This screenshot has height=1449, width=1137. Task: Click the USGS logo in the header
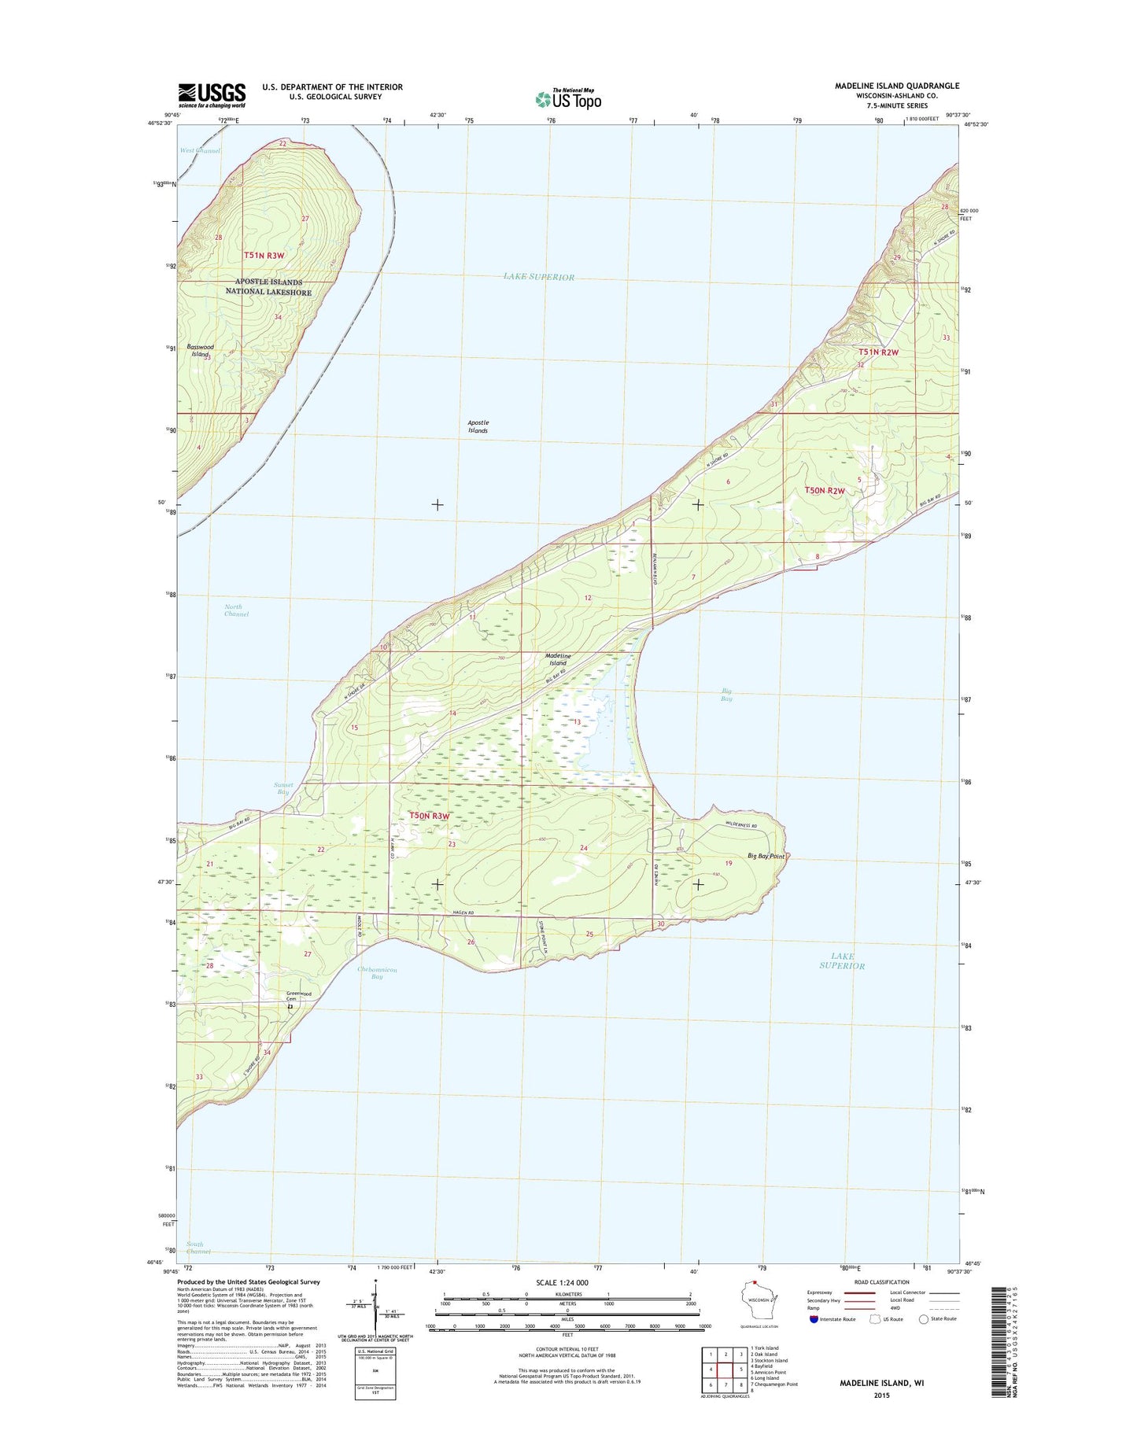(x=211, y=95)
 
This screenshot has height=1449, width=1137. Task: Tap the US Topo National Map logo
(x=568, y=98)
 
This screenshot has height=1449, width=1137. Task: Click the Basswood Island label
(x=200, y=350)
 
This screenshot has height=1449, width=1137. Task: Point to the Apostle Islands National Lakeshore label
(x=268, y=286)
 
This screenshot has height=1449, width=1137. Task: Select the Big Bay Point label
(x=766, y=856)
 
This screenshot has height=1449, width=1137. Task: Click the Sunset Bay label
(x=283, y=788)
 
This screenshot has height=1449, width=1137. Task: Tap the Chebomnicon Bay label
(x=377, y=972)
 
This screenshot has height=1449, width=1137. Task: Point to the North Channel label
(x=236, y=610)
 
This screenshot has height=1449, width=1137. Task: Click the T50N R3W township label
(x=429, y=816)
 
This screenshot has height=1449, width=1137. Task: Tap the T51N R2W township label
(x=878, y=352)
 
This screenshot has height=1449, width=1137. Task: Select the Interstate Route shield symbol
(x=813, y=1319)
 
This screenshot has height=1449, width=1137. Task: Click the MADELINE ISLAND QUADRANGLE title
(x=891, y=86)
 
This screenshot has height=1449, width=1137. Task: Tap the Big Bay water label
(x=726, y=694)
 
